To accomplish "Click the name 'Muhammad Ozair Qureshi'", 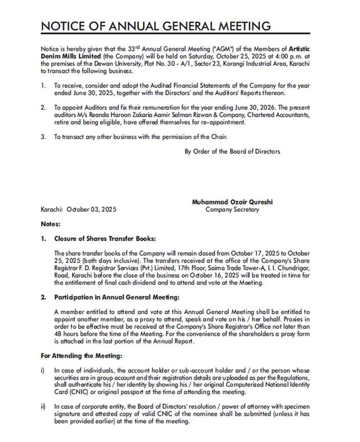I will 232,202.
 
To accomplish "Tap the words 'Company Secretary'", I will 232,209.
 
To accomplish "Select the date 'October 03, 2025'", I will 91,209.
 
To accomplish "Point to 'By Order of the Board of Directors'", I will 232,151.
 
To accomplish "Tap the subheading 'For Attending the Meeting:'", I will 81,356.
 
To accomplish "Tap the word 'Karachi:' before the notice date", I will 53,209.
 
